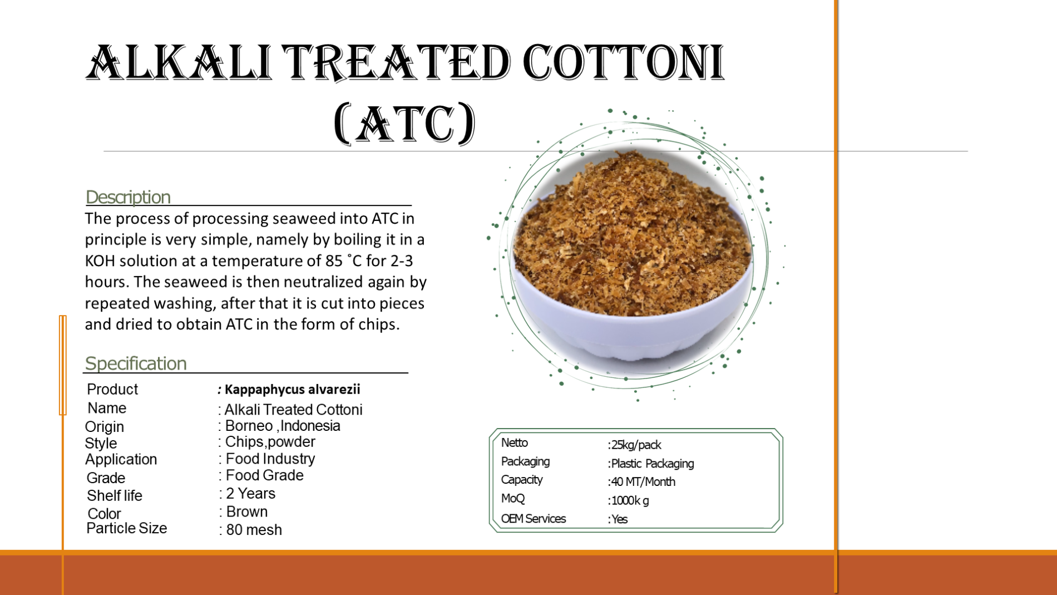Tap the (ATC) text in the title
click(405, 123)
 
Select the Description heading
click(128, 197)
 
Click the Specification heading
click(136, 363)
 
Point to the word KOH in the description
click(100, 260)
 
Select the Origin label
click(104, 426)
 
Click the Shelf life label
click(115, 495)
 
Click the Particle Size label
click(127, 528)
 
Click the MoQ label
click(513, 499)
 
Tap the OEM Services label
click(534, 519)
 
